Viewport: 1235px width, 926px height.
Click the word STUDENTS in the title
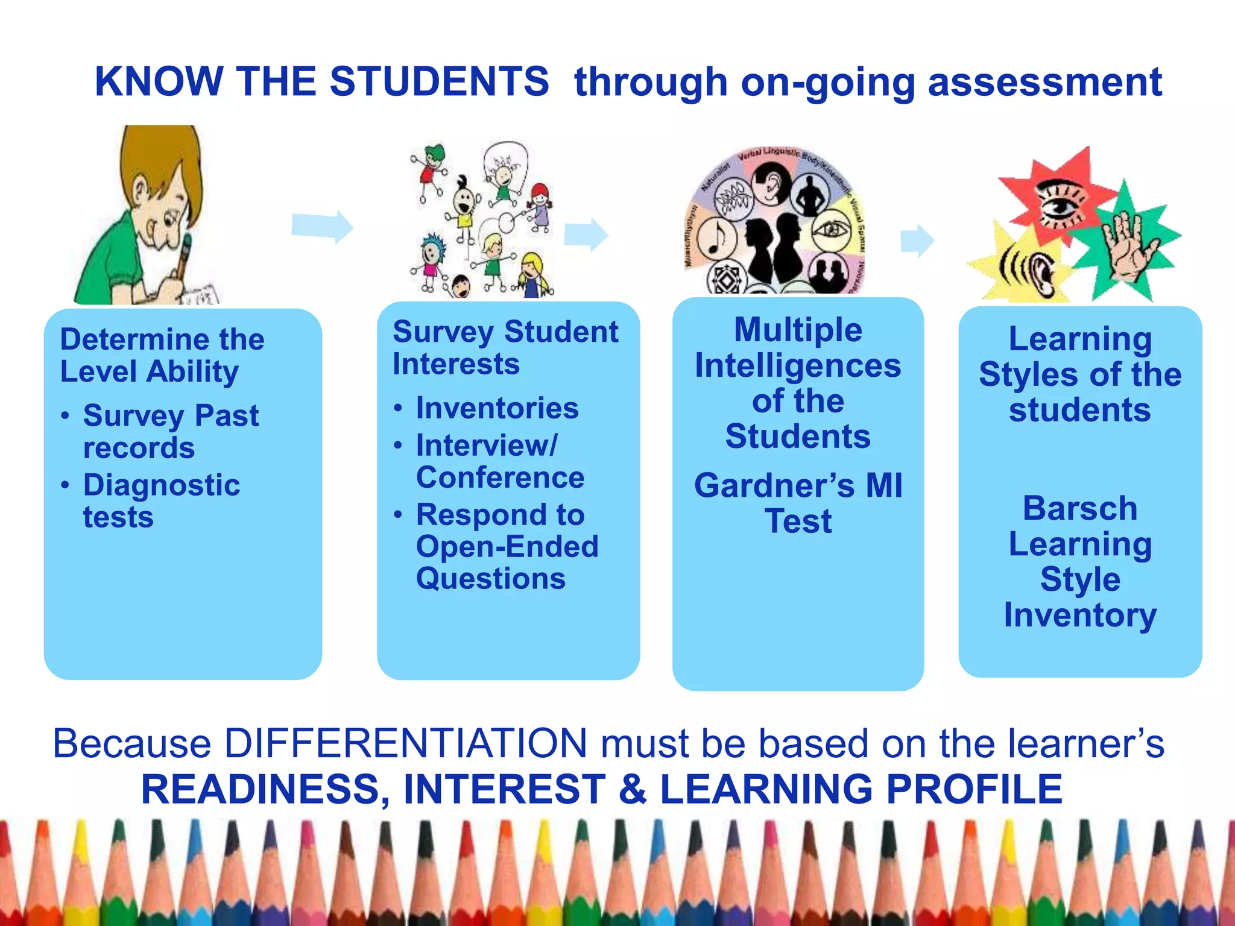point(439,81)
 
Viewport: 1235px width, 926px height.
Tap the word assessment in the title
point(1044,83)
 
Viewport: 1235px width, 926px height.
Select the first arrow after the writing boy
point(322,227)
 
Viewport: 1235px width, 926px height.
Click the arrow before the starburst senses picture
point(917,240)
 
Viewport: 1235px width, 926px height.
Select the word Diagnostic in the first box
point(162,485)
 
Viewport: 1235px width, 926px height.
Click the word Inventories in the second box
point(497,408)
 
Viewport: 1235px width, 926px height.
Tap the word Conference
point(500,477)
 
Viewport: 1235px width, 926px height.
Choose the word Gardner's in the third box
point(774,485)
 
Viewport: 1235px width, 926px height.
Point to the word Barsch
point(1080,508)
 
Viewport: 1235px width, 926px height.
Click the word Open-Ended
point(507,547)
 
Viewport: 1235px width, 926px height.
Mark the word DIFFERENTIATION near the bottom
point(406,743)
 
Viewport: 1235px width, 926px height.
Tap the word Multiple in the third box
point(798,330)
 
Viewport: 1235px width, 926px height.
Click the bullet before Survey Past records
point(65,417)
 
